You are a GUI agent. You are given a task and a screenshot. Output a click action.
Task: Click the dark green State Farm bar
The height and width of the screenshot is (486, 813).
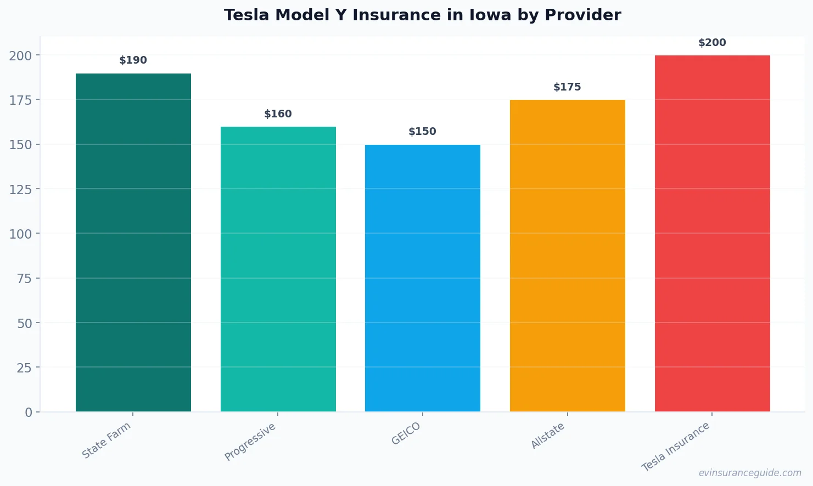[x=133, y=242]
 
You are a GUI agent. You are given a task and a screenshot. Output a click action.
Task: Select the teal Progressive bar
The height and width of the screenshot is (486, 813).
[x=278, y=269]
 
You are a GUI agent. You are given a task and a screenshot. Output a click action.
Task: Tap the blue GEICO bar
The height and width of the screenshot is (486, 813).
[x=422, y=278]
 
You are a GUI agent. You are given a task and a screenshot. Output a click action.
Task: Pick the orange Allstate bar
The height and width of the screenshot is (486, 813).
[x=567, y=256]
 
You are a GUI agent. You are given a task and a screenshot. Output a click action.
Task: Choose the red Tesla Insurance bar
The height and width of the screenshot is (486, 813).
[x=712, y=233]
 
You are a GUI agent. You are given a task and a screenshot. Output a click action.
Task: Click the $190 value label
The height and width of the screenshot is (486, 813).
[x=133, y=60]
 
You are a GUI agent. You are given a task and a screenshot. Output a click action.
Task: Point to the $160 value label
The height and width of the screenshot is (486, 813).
[x=278, y=114]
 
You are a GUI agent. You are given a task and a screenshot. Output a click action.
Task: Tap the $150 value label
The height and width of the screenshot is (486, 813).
[x=422, y=132]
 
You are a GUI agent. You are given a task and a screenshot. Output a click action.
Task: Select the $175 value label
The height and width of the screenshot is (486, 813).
[x=567, y=87]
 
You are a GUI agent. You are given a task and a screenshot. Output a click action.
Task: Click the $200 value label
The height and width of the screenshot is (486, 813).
[x=712, y=43]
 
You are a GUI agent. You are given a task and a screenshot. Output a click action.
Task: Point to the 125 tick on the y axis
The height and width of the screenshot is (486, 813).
[x=20, y=189]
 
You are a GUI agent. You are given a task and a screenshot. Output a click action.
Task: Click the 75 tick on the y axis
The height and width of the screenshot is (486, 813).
[x=24, y=279]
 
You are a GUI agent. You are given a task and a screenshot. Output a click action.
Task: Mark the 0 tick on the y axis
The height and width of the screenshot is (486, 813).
[x=29, y=412]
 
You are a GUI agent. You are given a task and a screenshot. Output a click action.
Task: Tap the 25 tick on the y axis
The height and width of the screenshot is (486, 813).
[x=24, y=368]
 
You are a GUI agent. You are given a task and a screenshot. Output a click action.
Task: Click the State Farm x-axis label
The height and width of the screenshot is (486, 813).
[x=106, y=440]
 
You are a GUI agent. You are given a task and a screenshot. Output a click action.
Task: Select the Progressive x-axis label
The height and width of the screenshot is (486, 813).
[x=250, y=442]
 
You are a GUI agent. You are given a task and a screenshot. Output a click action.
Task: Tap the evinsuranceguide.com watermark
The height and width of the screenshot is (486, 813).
[x=750, y=473]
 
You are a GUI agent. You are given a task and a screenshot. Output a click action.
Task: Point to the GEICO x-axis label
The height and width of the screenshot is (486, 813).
[x=406, y=433]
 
